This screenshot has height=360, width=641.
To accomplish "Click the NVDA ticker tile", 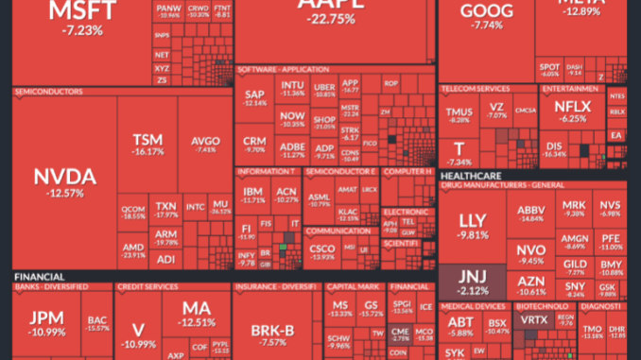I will [x=63, y=180].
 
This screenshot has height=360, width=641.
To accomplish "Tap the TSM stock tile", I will [x=147, y=143].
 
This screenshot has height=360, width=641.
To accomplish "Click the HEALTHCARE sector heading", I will [x=470, y=176].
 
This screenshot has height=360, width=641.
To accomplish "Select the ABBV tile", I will [x=530, y=213].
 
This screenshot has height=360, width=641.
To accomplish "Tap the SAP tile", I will [x=254, y=97].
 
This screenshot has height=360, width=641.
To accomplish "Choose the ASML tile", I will [x=319, y=197].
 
